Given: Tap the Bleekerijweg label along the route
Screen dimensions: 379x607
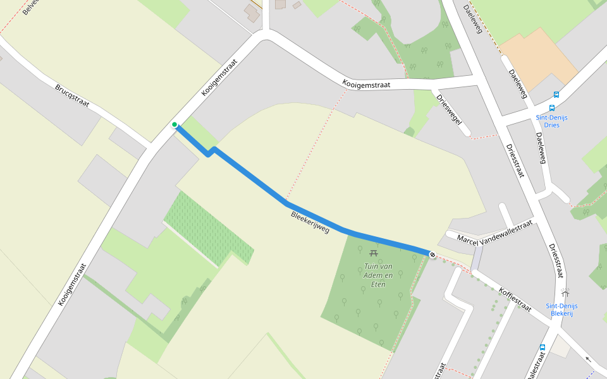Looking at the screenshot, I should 310,222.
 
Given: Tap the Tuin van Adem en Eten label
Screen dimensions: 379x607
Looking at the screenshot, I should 378,275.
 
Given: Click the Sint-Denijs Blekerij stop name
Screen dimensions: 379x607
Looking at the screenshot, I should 561,310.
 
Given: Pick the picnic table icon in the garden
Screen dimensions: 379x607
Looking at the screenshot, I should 374,253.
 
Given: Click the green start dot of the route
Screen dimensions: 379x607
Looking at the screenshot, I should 175,124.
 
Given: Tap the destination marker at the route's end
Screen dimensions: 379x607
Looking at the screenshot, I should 432,255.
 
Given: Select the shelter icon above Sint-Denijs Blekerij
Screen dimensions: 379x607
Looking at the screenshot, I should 564,293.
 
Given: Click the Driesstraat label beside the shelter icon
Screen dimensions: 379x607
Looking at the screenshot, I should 555,260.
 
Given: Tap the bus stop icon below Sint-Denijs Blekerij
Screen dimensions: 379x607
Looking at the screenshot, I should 542,347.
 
